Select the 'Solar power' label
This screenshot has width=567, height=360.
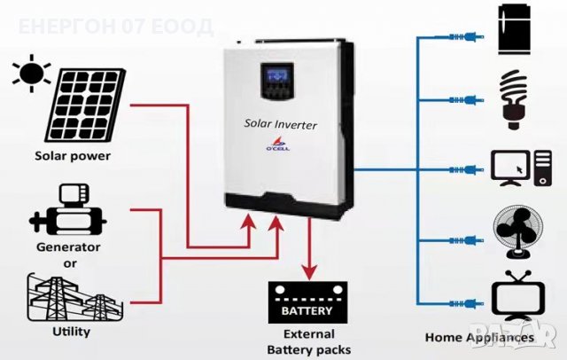click(73, 156)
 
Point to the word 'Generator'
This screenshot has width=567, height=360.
click(68, 247)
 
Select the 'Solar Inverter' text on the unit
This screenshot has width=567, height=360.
click(280, 126)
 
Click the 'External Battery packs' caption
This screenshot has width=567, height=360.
click(307, 341)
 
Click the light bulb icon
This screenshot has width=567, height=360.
click(515, 96)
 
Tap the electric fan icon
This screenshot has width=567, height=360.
click(515, 232)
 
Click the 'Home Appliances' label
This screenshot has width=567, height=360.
click(479, 338)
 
